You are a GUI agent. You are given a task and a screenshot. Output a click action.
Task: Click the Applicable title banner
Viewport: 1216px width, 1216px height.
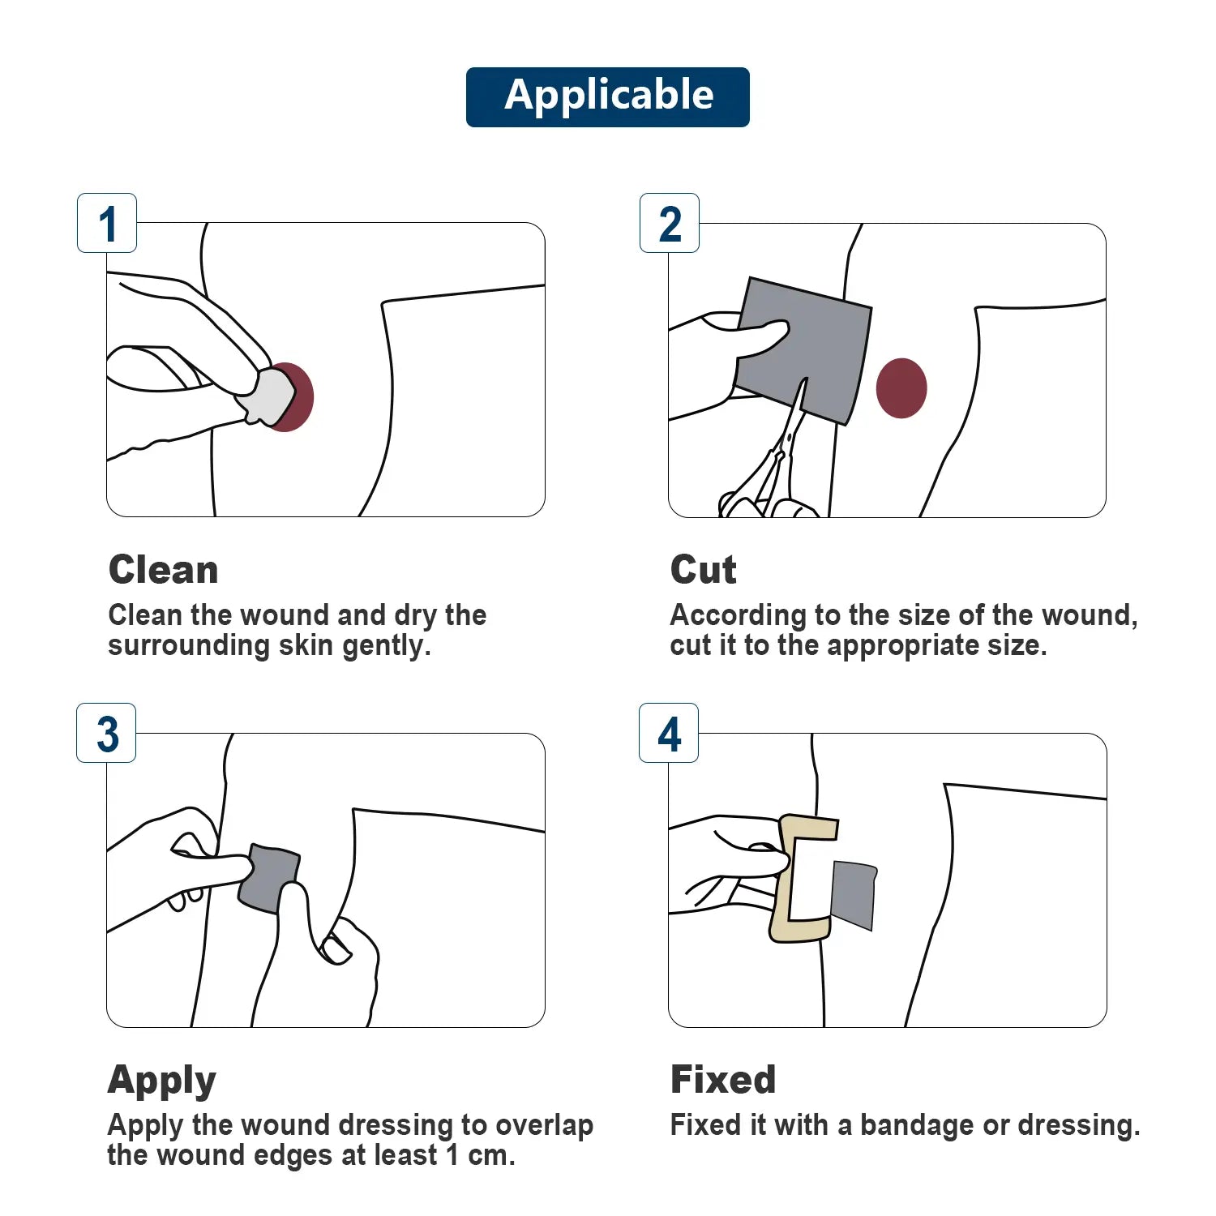pyautogui.click(x=607, y=96)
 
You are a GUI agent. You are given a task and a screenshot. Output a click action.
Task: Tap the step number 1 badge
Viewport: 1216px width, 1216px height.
pyautogui.click(x=107, y=224)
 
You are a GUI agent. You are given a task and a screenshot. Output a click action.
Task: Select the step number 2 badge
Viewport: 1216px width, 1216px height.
pyautogui.click(x=670, y=224)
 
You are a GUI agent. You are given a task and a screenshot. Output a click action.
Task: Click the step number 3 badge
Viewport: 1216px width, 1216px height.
pyautogui.click(x=107, y=734)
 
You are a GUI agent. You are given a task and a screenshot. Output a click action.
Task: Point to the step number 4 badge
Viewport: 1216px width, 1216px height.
pyautogui.click(x=669, y=734)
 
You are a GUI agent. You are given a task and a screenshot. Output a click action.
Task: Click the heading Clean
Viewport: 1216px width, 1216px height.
pyautogui.click(x=163, y=570)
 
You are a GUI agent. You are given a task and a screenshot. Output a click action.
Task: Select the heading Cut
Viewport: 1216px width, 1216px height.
pyautogui.click(x=703, y=570)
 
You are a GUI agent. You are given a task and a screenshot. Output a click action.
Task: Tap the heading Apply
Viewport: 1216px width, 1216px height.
pyautogui.click(x=161, y=1081)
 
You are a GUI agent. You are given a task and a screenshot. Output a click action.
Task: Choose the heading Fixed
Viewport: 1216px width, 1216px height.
pyautogui.click(x=722, y=1080)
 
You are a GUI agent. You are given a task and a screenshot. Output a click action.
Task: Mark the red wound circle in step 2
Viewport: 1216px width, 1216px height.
pyautogui.click(x=901, y=388)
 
